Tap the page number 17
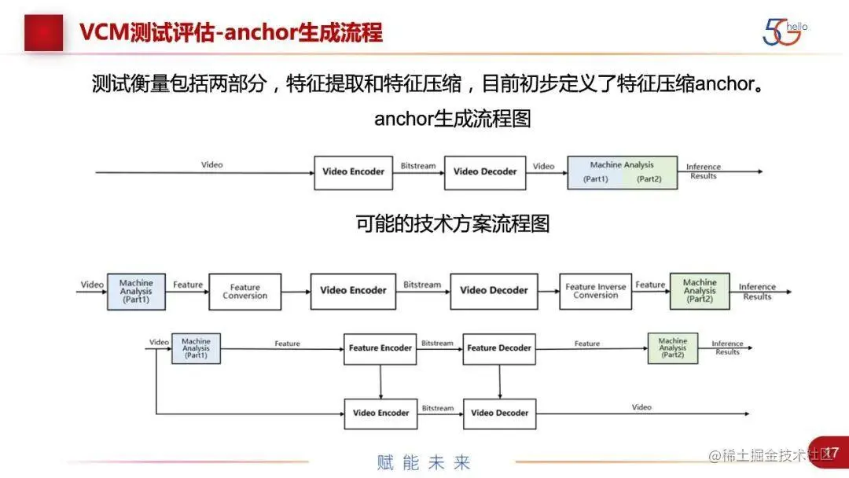click(831, 452)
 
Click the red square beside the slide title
click(43, 32)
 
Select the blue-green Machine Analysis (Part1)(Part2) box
click(622, 172)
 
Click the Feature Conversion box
click(244, 291)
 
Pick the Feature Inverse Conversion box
click(595, 291)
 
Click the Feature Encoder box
click(380, 348)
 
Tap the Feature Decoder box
click(499, 348)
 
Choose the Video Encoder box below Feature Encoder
click(380, 413)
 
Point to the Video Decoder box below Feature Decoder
click(500, 413)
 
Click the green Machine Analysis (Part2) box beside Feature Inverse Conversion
click(700, 291)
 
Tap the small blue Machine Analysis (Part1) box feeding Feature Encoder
click(196, 348)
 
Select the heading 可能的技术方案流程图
click(452, 224)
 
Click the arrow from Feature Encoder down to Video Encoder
click(380, 381)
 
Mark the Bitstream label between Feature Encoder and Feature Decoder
click(437, 343)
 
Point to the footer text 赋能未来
click(423, 462)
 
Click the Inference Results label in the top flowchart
click(703, 171)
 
